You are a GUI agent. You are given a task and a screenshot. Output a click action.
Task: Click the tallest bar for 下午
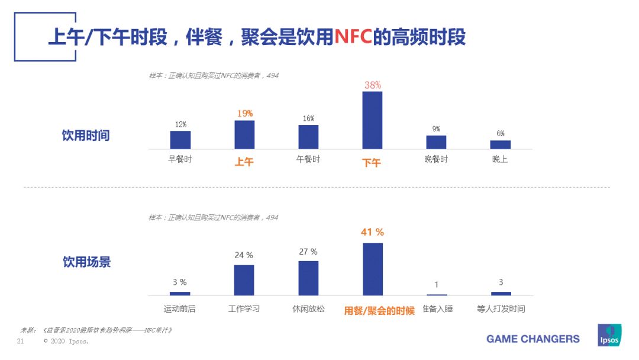click(x=372, y=120)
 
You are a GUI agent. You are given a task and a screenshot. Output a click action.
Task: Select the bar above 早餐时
click(x=180, y=140)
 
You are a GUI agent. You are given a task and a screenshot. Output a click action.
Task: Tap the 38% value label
click(x=372, y=85)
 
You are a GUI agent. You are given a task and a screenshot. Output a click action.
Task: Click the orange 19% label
click(x=244, y=113)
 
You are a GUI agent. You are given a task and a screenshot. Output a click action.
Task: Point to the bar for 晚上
click(x=500, y=144)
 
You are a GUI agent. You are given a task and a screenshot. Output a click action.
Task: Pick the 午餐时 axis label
click(x=308, y=159)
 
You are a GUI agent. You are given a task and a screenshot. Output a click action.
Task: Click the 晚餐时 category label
click(x=436, y=159)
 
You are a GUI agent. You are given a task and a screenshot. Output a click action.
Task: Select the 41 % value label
click(x=372, y=232)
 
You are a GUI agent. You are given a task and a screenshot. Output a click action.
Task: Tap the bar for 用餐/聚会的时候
click(x=372, y=269)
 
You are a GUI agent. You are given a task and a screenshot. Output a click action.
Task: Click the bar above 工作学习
click(x=244, y=280)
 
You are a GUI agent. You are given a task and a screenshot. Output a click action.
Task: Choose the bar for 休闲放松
click(x=308, y=278)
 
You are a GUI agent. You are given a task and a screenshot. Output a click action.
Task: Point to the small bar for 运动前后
click(x=180, y=293)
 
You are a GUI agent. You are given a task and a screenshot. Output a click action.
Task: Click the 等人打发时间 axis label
click(x=501, y=309)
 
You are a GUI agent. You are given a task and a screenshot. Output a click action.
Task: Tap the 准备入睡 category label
click(x=437, y=309)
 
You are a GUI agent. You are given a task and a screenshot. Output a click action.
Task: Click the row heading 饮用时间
click(x=86, y=136)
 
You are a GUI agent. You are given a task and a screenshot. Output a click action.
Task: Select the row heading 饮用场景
click(x=86, y=262)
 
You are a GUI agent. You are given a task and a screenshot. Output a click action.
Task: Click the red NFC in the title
click(x=353, y=37)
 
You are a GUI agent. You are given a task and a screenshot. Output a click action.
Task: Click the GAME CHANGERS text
click(x=532, y=339)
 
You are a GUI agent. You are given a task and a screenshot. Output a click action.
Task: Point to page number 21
click(x=20, y=342)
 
